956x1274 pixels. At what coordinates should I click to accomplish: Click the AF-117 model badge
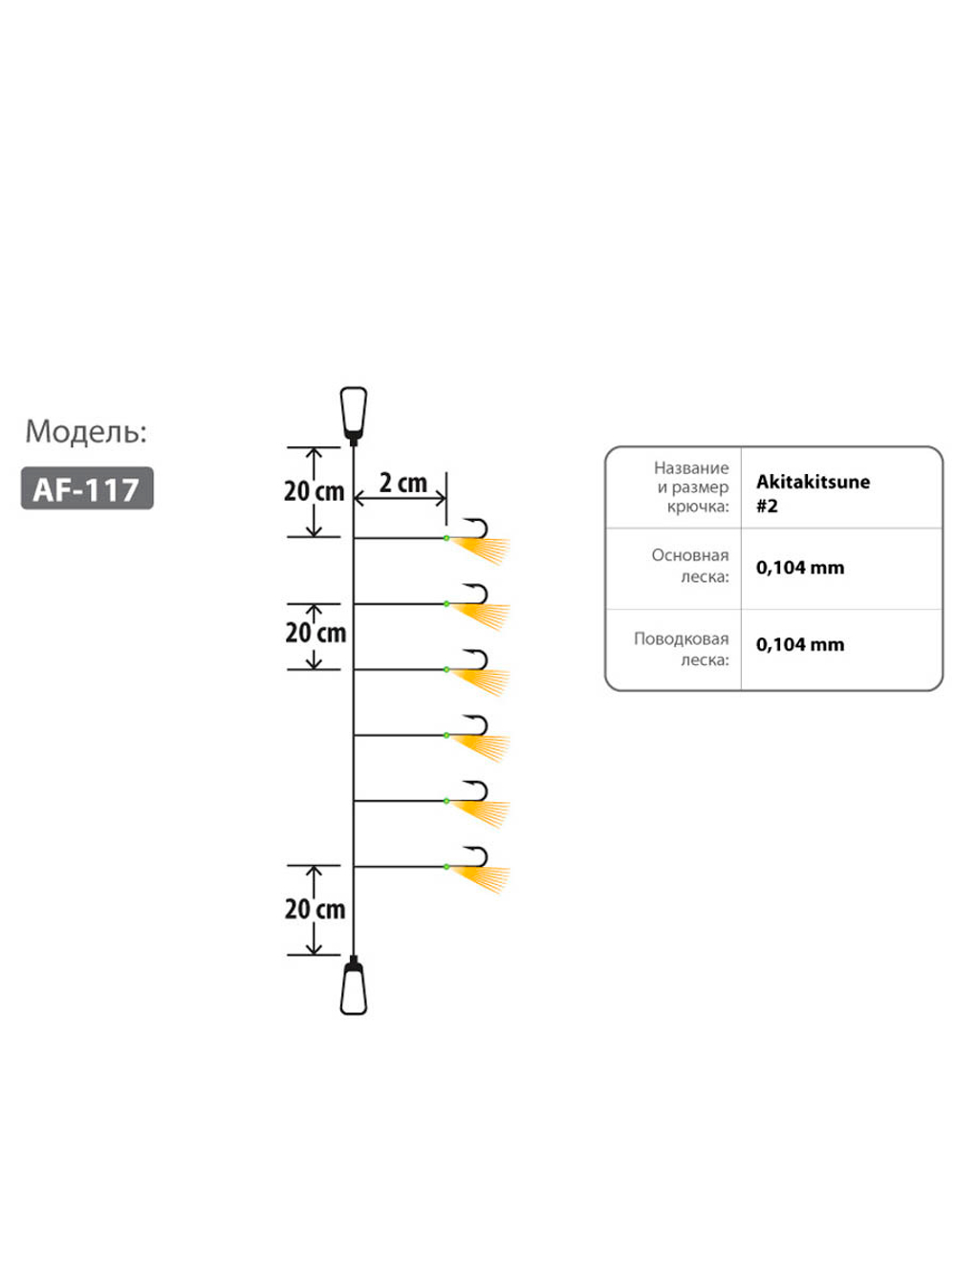pyautogui.click(x=87, y=488)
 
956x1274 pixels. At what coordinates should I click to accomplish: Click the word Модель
pyautogui.click(x=86, y=432)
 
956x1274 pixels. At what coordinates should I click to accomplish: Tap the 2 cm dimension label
pyautogui.click(x=402, y=483)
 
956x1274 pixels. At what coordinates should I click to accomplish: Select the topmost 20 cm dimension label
pyautogui.click(x=314, y=491)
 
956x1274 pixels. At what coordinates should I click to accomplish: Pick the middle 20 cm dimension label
pyautogui.click(x=315, y=633)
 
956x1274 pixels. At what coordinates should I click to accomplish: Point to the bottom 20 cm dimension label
pyautogui.click(x=315, y=909)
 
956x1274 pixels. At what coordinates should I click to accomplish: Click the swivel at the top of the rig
pyautogui.click(x=354, y=413)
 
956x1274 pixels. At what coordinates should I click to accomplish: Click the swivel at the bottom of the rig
pyautogui.click(x=354, y=986)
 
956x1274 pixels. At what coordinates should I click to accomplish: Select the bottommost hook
pyautogui.click(x=477, y=856)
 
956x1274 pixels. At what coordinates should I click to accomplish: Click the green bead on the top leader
pyautogui.click(x=446, y=539)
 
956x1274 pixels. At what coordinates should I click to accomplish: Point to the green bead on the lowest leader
pyautogui.click(x=446, y=867)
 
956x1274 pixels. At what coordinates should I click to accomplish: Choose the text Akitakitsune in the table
pyautogui.click(x=813, y=482)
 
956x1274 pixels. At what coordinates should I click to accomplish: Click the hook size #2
pyautogui.click(x=767, y=507)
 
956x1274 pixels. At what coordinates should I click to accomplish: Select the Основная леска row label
pyautogui.click(x=690, y=566)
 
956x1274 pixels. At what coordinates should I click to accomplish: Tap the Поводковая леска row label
pyautogui.click(x=682, y=649)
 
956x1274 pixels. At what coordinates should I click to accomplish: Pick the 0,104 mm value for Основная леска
pyautogui.click(x=800, y=568)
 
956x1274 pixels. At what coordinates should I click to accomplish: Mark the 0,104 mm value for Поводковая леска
pyautogui.click(x=800, y=645)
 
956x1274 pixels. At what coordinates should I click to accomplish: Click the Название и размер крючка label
pyautogui.click(x=692, y=486)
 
